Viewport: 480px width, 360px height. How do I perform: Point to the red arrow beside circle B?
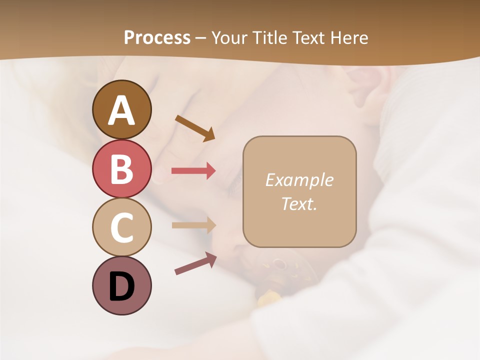coord(193,171)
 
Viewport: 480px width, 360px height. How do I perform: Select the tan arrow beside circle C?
coord(193,225)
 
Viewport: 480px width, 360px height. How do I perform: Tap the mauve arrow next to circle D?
coord(195,263)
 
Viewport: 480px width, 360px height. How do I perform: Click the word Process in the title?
coord(157,38)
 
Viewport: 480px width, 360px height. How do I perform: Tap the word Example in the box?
coord(299,180)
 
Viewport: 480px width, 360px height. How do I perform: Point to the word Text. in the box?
coord(299,203)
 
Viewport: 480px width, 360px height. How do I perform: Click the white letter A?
coord(121,110)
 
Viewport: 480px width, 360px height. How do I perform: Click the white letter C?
coord(121,227)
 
